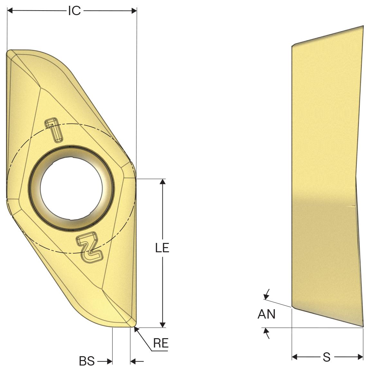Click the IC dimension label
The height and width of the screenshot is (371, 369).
click(75, 11)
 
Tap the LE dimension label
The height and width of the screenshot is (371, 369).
click(162, 248)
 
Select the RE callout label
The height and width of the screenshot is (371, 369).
click(161, 343)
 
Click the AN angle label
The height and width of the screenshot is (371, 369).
click(267, 314)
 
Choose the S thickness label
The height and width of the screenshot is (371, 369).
click(327, 357)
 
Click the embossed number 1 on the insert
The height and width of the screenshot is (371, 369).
click(54, 130)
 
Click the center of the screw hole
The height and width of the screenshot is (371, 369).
click(71, 188)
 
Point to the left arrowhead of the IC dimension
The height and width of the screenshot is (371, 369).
click(10, 11)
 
